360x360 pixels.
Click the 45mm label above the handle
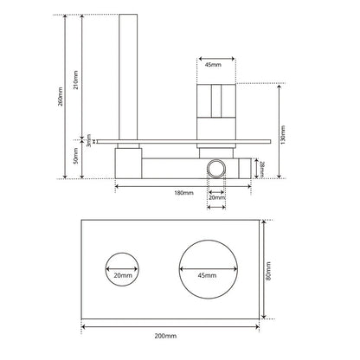(x=212, y=65)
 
